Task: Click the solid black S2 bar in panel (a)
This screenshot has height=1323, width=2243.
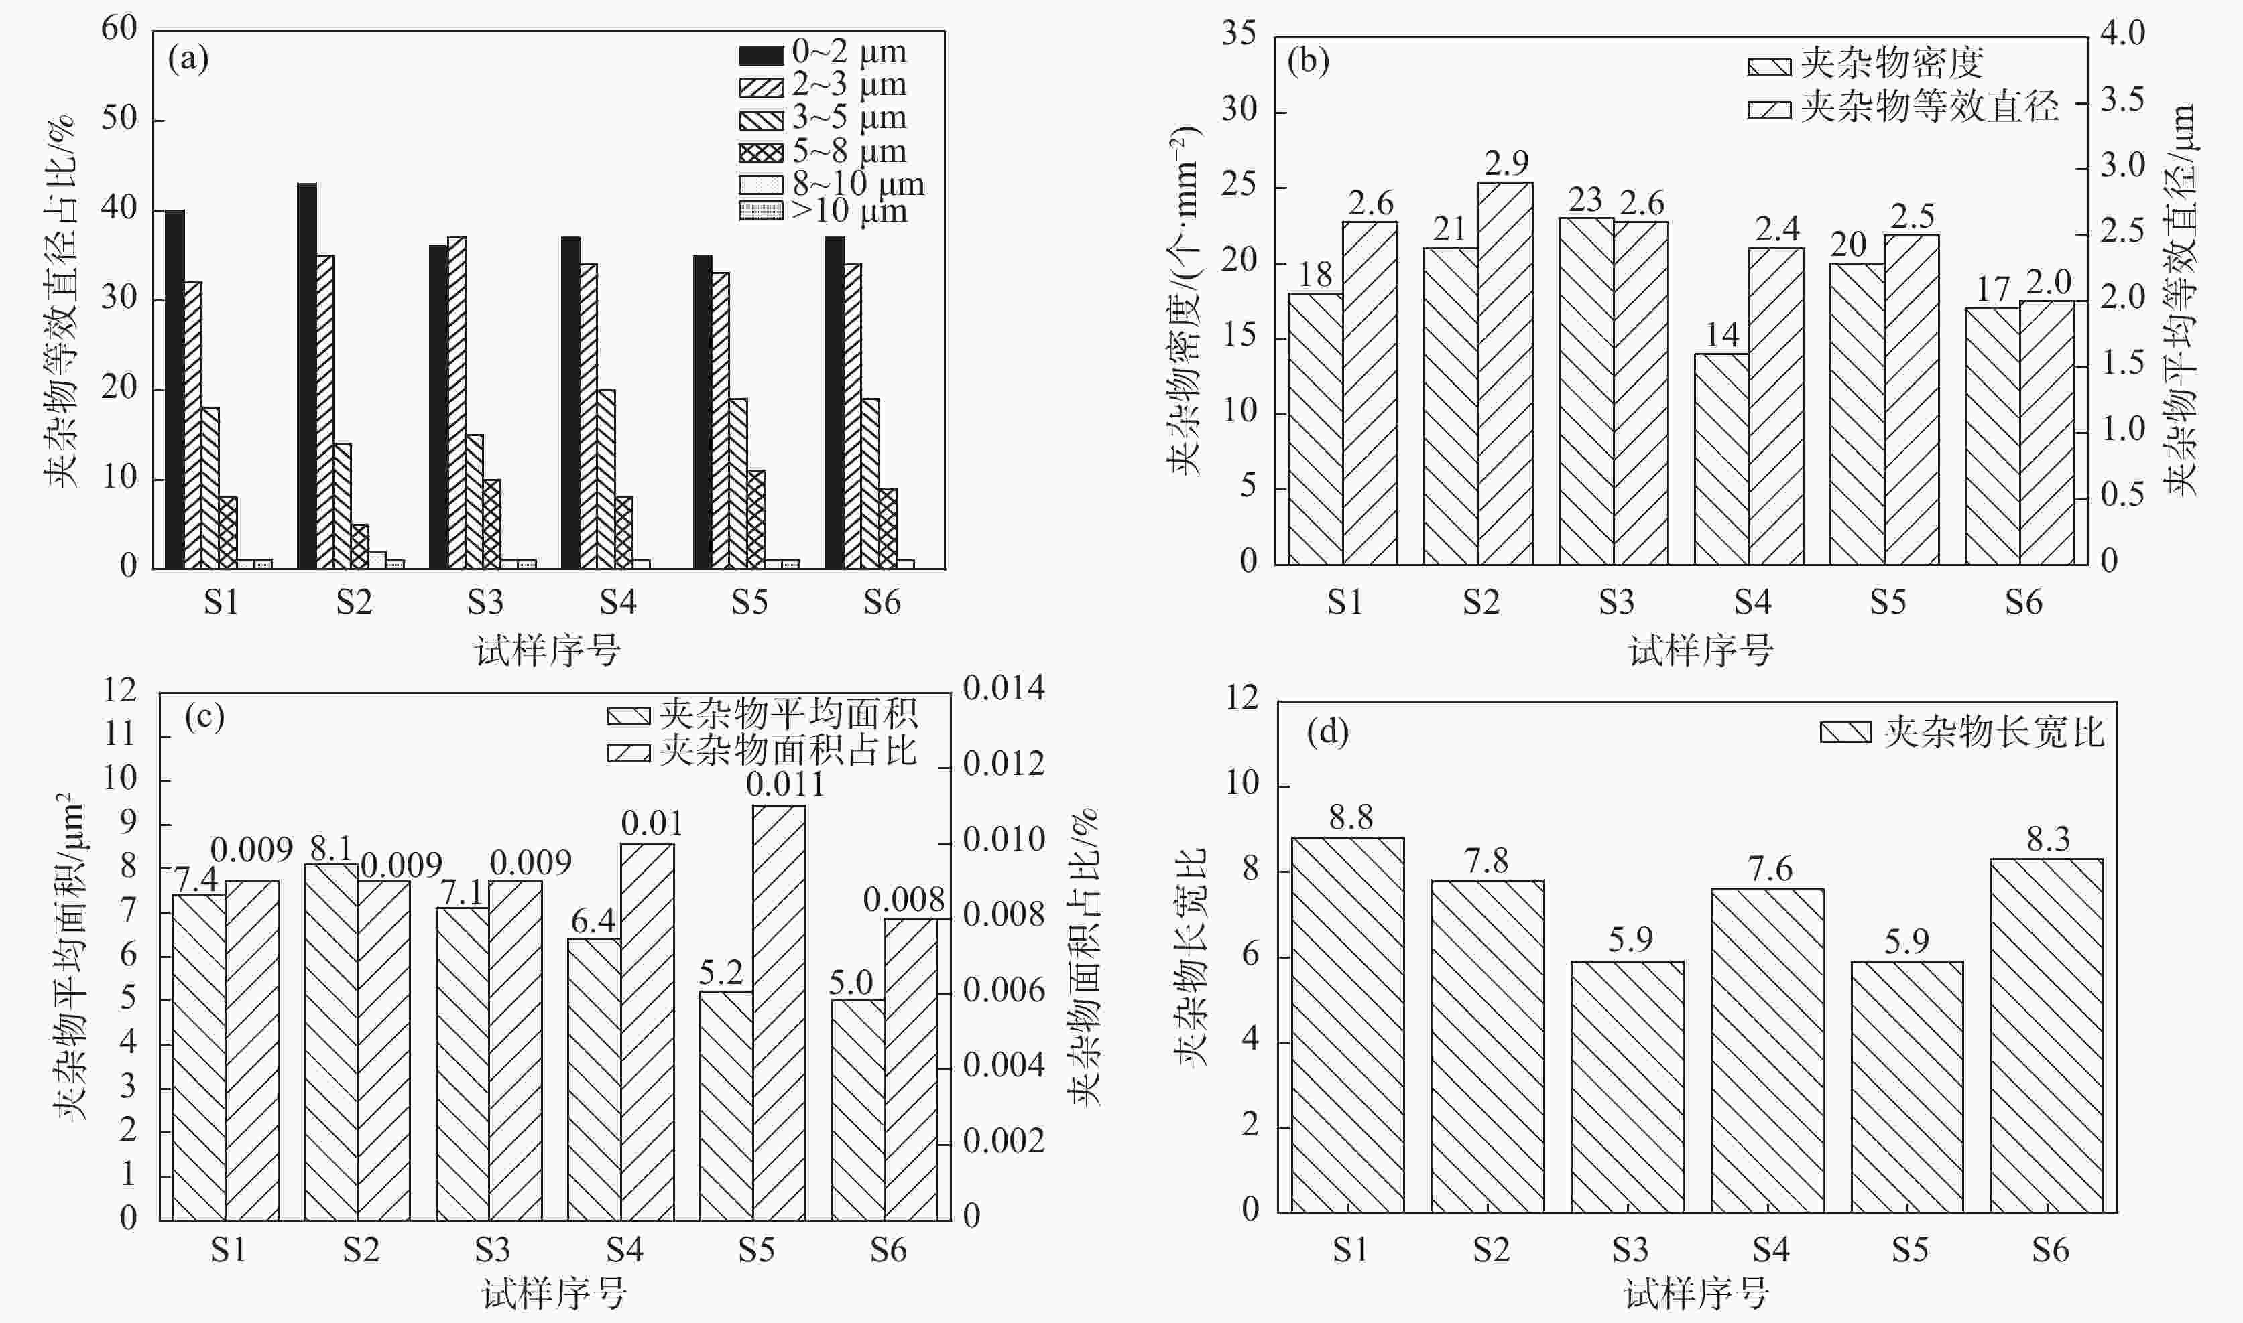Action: tap(307, 374)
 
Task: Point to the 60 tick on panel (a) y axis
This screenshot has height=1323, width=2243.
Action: tap(119, 29)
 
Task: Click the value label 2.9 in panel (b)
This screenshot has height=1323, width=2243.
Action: tap(1506, 163)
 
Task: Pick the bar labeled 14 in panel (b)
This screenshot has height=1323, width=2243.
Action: tap(1721, 459)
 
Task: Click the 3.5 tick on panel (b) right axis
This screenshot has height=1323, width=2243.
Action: tap(2122, 100)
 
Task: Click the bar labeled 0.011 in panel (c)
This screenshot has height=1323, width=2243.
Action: tap(778, 1012)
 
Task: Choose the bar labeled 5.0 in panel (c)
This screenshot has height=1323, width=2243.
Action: tap(857, 1110)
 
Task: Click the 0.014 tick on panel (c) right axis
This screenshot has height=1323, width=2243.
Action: tap(1004, 688)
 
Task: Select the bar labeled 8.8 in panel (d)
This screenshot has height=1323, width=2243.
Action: tap(1347, 1025)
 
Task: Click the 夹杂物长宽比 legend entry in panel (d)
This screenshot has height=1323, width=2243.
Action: tap(1962, 733)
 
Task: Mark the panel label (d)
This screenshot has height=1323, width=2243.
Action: tap(1327, 733)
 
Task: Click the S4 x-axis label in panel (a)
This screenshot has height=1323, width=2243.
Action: tap(617, 603)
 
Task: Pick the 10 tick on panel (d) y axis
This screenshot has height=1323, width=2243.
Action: tap(1242, 784)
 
